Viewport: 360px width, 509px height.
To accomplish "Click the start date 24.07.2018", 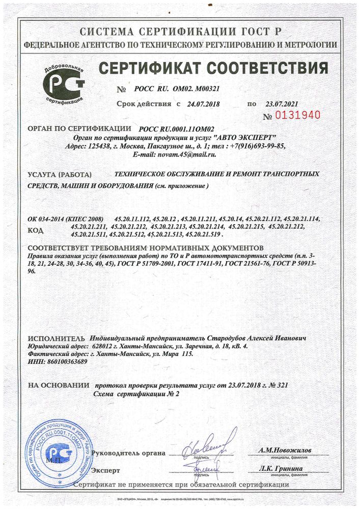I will pos(203,104).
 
